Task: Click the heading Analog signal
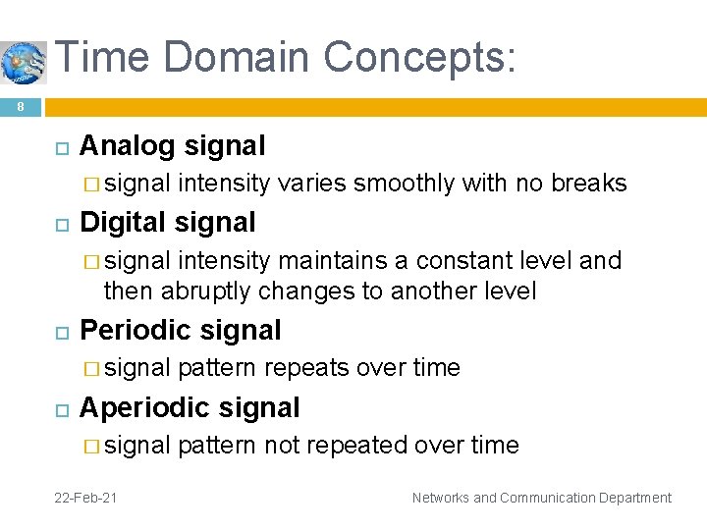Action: pos(172,145)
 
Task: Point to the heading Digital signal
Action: pos(167,222)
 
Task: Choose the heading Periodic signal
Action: pos(180,330)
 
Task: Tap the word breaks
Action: pos(589,184)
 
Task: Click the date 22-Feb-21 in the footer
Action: pos(85,498)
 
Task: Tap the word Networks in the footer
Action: pos(441,498)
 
